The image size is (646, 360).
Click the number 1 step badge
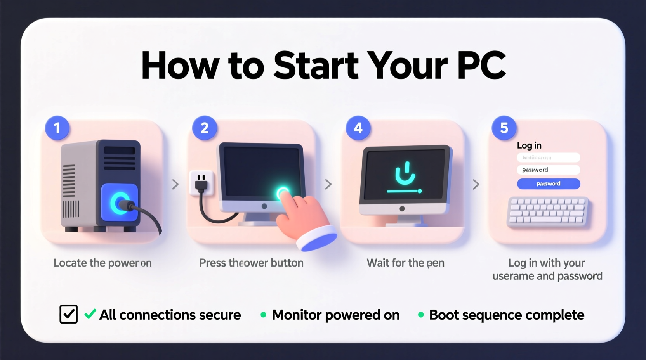click(x=57, y=128)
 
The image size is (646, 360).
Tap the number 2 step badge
click(x=205, y=128)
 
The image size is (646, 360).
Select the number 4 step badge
click(x=358, y=128)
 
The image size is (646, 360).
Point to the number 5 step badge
click(x=504, y=128)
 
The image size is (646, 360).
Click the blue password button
click(x=548, y=183)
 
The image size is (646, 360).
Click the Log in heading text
click(x=529, y=145)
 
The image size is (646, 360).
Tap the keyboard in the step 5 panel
click(x=548, y=211)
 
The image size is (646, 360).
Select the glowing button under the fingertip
click(x=282, y=192)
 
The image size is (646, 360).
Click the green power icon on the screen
click(x=405, y=174)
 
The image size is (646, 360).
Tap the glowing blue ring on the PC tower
click(x=119, y=202)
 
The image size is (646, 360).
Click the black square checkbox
click(x=69, y=314)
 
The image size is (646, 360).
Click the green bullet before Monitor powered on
click(x=263, y=315)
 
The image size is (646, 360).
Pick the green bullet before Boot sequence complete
click(x=421, y=315)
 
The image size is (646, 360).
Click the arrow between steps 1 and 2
click(x=175, y=184)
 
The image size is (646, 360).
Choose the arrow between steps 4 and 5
click(x=476, y=184)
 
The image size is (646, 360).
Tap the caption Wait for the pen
click(x=405, y=263)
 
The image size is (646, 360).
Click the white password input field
click(x=548, y=170)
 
